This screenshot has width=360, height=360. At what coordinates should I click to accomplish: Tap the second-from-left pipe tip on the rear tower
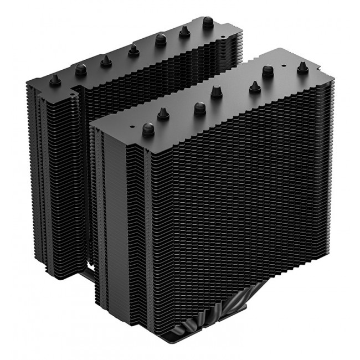pos(81,69)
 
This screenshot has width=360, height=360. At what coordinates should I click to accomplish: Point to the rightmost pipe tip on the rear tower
pos(208,23)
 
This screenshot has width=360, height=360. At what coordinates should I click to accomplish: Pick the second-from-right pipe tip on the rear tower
pos(183,33)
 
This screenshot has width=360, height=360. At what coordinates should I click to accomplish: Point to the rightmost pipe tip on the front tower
pos(302,67)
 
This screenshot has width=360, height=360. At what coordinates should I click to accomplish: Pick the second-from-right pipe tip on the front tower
pos(269,71)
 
